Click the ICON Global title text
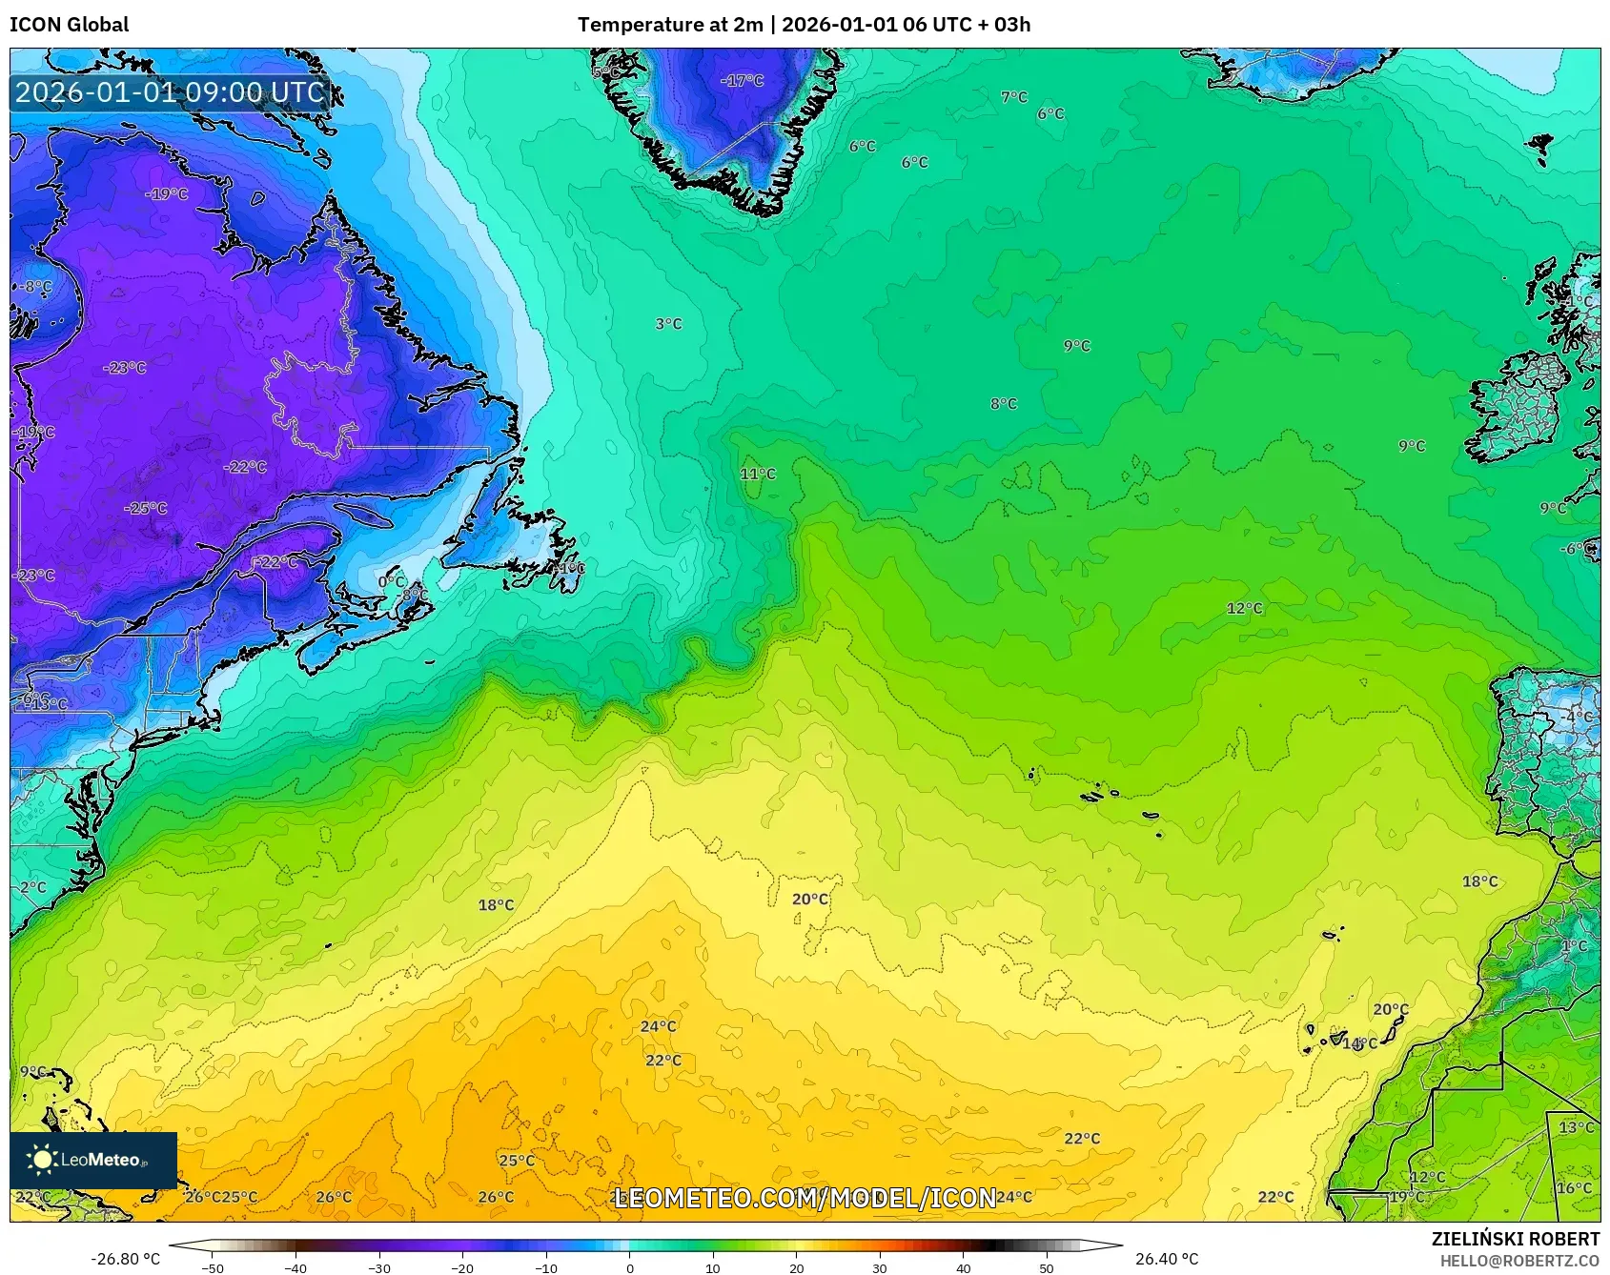69,25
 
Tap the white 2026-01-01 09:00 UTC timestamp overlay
170,92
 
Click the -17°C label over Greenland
742,81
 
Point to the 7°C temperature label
1014,97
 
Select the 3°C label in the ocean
668,324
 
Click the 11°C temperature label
758,474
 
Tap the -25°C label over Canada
145,508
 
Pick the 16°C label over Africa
1574,1187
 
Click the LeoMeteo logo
93,1160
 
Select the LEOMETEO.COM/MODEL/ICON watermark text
805,1198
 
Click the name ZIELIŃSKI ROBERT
1515,1239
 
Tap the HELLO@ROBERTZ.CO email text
1519,1261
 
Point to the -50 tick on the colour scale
213,1268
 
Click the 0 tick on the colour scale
629,1268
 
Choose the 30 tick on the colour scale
879,1268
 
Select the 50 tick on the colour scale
1046,1268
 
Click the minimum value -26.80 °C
125,1259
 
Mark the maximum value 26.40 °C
1166,1259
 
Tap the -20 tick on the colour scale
462,1268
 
